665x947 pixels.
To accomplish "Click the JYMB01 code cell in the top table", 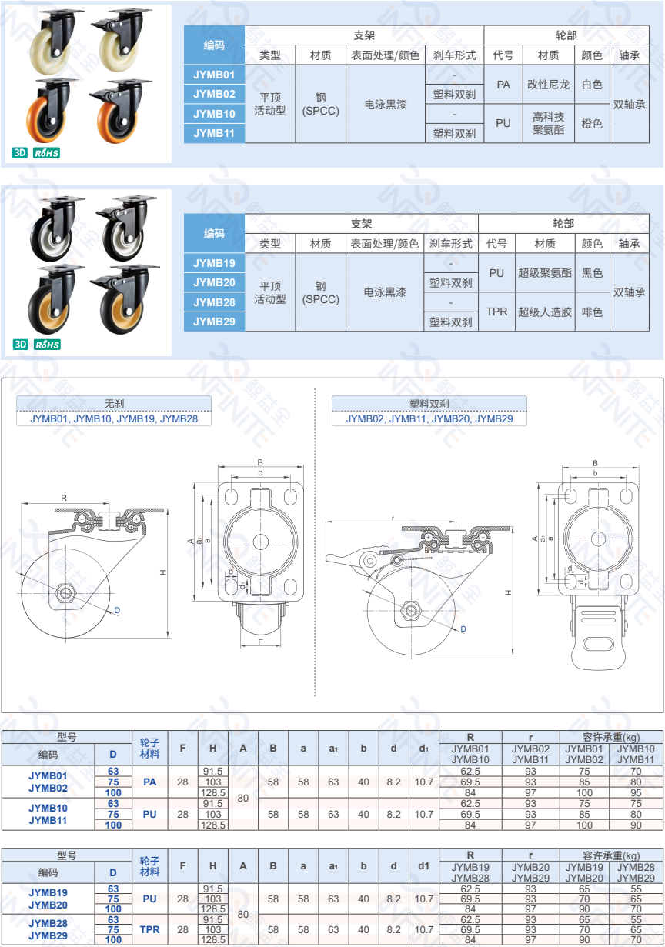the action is tap(214, 75).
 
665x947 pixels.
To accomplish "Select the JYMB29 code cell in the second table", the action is tap(214, 322).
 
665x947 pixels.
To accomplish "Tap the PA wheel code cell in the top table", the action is tap(503, 85).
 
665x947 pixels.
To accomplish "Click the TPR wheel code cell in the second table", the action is tap(496, 312).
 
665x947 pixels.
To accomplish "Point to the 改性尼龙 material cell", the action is tap(548, 85).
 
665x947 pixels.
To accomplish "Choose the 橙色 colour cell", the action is tap(592, 123).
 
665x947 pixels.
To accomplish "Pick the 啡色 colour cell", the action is tap(592, 312).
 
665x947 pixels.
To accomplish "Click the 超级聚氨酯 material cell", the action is tap(545, 273).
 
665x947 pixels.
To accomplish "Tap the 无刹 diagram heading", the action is tap(114, 403).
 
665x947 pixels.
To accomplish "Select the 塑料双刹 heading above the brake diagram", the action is tap(429, 404).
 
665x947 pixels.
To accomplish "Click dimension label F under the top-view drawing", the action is tap(261, 642).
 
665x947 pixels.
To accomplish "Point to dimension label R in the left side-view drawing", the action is tap(64, 498).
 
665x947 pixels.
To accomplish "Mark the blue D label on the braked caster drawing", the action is tap(463, 629).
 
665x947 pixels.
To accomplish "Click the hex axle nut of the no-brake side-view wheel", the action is tap(65, 592).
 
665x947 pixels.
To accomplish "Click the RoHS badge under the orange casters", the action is tap(46, 153).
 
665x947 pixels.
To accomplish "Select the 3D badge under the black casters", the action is tap(20, 345).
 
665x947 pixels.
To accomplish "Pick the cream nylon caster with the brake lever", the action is tap(120, 40).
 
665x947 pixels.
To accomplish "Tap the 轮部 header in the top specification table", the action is tap(566, 35).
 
